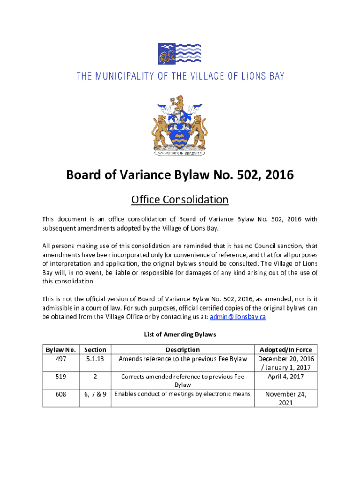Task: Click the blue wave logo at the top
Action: point(180,54)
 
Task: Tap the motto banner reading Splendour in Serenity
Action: point(180,152)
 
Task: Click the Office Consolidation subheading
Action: point(180,200)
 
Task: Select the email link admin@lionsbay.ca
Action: point(239,317)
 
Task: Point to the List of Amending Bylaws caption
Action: point(180,334)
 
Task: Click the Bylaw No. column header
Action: point(61,349)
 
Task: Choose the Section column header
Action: point(95,349)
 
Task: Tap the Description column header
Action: point(182,349)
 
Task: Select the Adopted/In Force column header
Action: point(286,349)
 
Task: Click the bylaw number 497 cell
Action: point(61,359)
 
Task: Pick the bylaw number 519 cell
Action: point(61,377)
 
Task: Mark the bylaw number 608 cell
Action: point(61,394)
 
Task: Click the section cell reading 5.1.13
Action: point(95,359)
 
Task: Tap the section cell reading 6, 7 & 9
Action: point(95,394)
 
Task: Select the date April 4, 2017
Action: point(286,377)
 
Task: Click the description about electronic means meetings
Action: point(182,394)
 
